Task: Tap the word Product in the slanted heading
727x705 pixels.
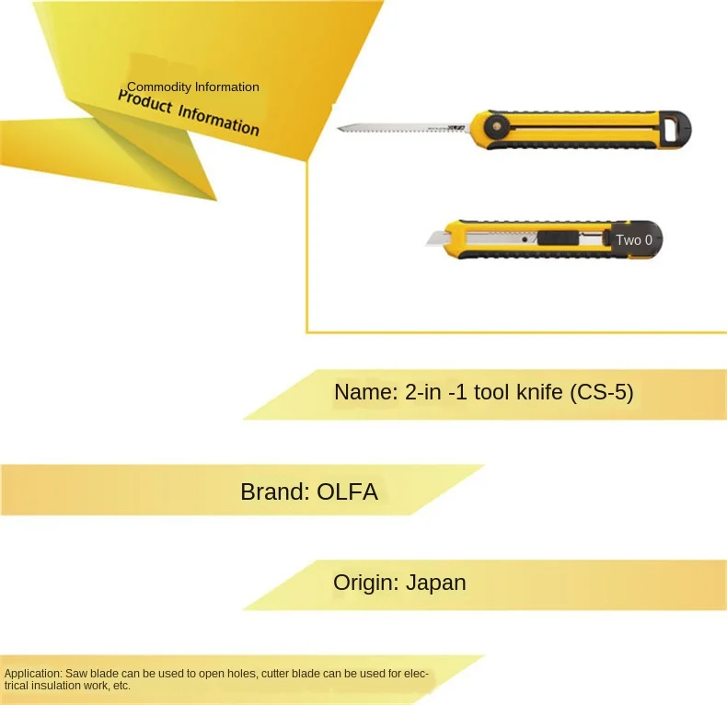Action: point(145,102)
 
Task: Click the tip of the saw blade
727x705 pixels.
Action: point(340,128)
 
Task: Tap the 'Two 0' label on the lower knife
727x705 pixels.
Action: point(633,240)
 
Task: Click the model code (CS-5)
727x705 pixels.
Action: point(601,392)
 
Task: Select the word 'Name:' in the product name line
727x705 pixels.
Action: point(365,392)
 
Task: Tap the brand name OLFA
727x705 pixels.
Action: point(347,491)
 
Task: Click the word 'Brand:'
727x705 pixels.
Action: point(274,491)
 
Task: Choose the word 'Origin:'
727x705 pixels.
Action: point(365,583)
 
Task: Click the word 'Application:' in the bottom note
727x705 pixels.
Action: point(33,674)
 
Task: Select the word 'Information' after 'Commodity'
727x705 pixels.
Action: point(226,87)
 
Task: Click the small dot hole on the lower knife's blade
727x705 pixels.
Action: point(525,239)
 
